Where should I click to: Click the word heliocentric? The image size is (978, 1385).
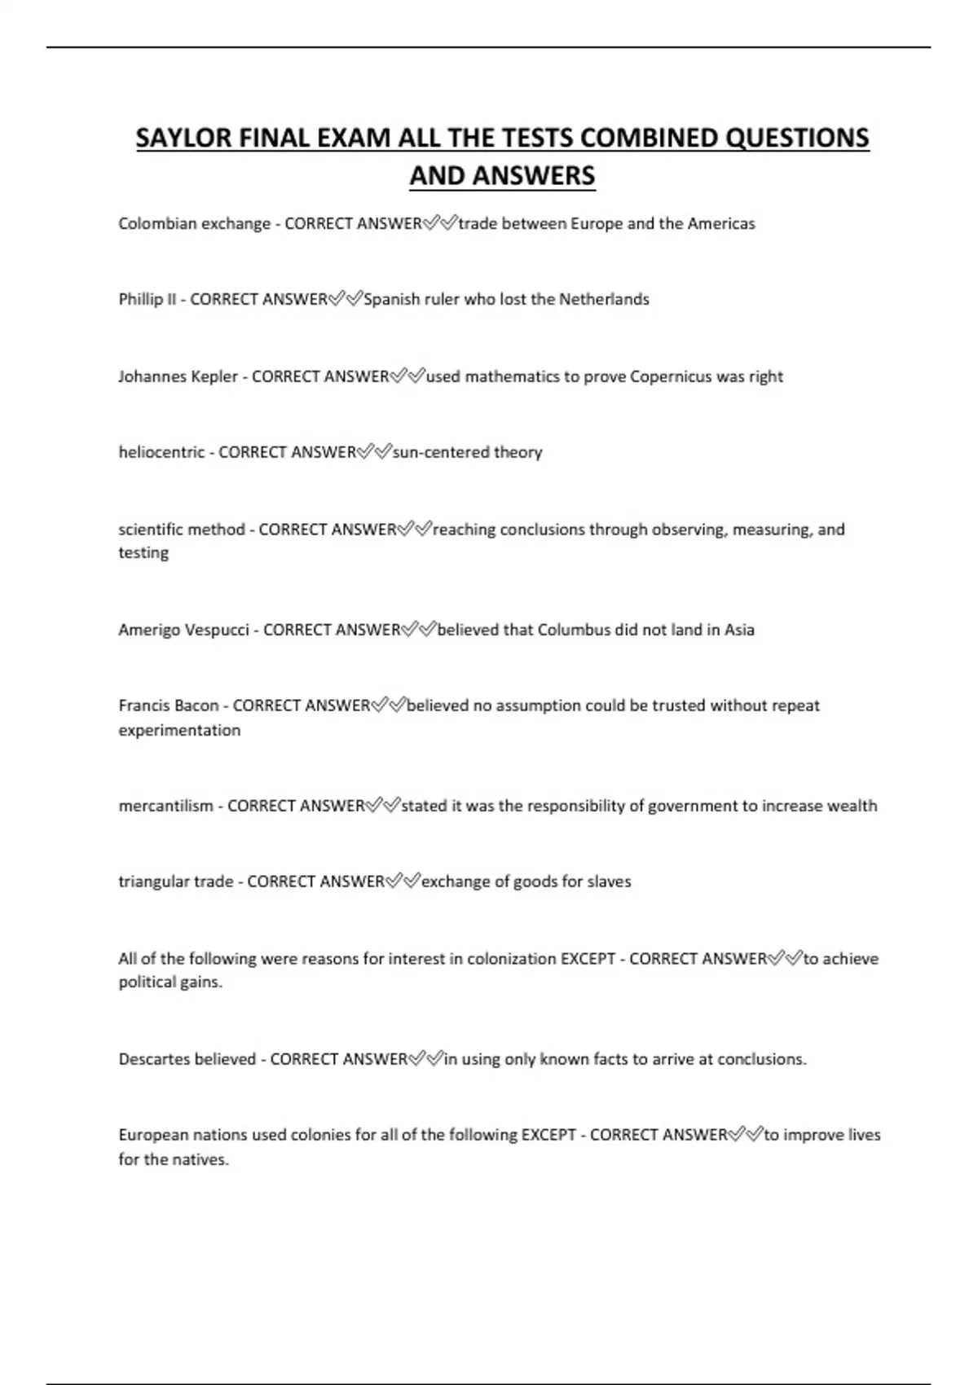[x=161, y=452]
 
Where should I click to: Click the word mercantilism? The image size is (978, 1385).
[x=165, y=806]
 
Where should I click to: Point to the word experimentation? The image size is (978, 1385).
[x=179, y=730]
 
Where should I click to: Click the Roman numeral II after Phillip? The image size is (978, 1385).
[x=171, y=299]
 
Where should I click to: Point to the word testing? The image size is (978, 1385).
[x=143, y=552]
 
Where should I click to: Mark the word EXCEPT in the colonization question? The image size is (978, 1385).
[x=588, y=958]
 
